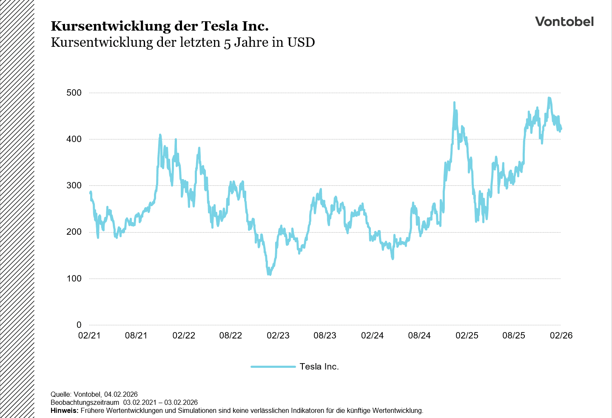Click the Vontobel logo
coord(564,22)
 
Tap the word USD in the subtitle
coord(301,43)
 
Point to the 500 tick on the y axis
coord(74,93)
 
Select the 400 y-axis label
coord(74,139)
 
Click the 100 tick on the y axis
coord(74,279)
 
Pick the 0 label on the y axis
coord(79,325)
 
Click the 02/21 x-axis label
coord(89,336)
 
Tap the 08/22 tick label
coord(231,336)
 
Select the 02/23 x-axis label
coord(278,336)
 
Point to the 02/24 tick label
coord(372,336)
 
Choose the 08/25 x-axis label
coord(514,336)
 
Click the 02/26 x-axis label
coord(561,336)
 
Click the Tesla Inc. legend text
coord(319,367)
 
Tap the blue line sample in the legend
coord(273,367)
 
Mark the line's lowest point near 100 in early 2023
coord(269,274)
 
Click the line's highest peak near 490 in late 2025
coord(549,98)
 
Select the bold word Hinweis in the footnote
coord(64,411)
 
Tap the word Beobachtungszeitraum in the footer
coord(85,403)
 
